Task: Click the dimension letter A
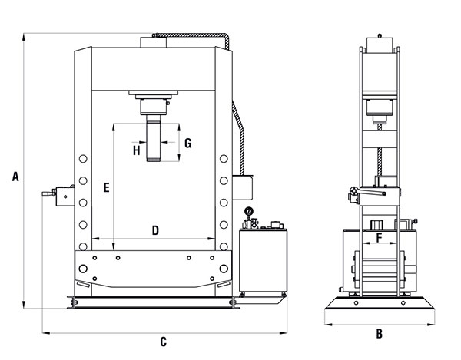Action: (15, 177)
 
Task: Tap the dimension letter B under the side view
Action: (380, 334)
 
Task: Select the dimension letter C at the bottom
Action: (163, 342)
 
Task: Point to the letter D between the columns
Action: (155, 230)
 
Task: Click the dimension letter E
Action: (107, 187)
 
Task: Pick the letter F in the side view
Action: (380, 237)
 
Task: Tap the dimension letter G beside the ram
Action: (188, 144)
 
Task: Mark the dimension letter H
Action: (137, 150)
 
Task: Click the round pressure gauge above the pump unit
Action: (249, 211)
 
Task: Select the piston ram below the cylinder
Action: (154, 138)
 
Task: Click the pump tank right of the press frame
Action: (263, 260)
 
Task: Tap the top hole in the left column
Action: (83, 159)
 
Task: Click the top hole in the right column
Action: (224, 159)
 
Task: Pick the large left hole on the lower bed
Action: (83, 269)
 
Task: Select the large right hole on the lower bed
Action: (224, 269)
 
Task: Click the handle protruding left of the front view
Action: (48, 193)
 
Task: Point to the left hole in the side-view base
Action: (356, 302)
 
